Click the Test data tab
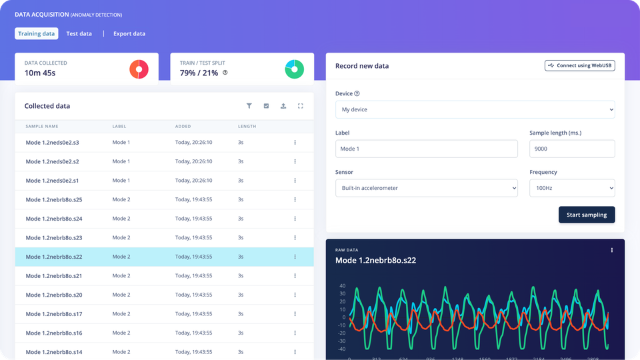(79, 33)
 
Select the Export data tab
(129, 33)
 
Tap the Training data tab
(37, 33)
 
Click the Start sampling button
(587, 215)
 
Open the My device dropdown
(475, 109)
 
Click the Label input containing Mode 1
(427, 149)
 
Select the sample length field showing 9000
(572, 149)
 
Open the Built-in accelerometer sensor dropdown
(427, 188)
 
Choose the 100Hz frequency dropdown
(572, 188)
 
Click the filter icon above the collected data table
(249, 106)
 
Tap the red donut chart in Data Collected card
(139, 69)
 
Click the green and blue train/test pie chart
(295, 69)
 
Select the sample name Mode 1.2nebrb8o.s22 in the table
(54, 257)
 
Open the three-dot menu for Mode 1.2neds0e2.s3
(295, 143)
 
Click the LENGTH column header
(247, 126)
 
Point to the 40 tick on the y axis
(342, 286)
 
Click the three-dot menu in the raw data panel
(612, 250)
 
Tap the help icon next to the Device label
(357, 94)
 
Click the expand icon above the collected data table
(301, 106)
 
